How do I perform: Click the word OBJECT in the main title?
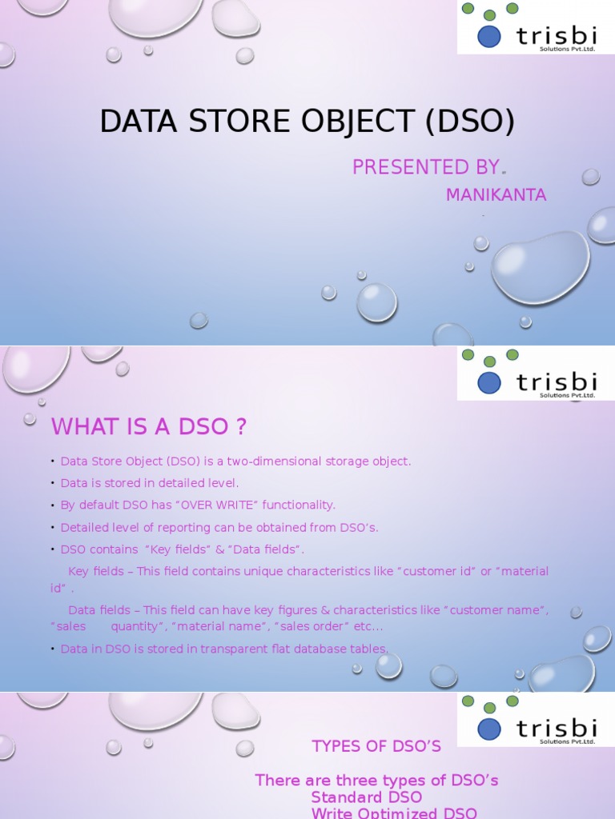[358, 121]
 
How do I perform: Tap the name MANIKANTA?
[496, 195]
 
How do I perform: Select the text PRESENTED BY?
[426, 167]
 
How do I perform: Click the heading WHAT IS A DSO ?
[148, 426]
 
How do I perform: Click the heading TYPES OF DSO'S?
[376, 746]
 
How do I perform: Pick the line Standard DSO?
[366, 797]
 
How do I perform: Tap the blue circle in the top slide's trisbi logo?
[489, 37]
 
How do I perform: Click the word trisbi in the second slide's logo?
[557, 382]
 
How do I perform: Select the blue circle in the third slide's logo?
[489, 729]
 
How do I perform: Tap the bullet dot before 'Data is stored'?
[53, 483]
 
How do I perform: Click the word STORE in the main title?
[239, 121]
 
